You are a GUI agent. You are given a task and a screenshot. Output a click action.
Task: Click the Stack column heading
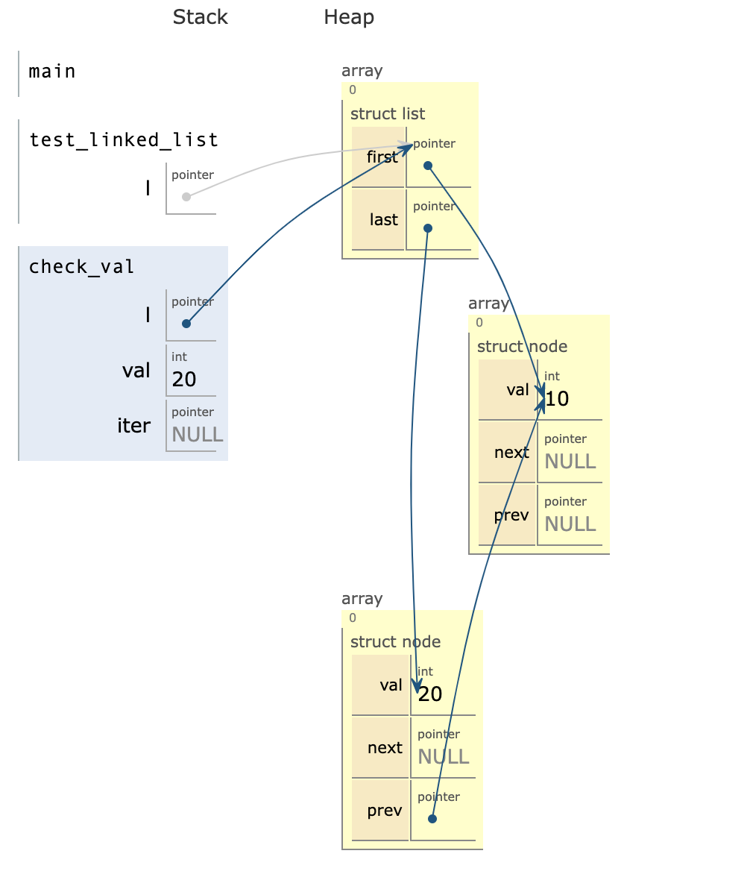200,17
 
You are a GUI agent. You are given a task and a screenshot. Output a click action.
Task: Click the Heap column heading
348,17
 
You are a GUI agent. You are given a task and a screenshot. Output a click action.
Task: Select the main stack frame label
52,72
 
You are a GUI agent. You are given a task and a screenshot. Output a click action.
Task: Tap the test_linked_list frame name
124,140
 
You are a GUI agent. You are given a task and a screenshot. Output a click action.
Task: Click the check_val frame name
81,267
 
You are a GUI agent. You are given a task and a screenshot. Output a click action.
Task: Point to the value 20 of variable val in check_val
184,380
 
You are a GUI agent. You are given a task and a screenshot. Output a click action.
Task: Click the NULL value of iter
197,435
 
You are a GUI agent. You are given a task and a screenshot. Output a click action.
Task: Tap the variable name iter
134,426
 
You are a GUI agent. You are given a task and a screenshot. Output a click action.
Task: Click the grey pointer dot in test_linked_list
186,197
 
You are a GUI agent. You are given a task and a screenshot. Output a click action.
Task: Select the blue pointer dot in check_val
186,324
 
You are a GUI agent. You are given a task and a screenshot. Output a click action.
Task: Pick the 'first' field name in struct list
382,157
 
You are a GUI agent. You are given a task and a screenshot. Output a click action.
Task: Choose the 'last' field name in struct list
384,220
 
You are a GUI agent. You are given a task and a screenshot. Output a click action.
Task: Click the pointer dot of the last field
427,228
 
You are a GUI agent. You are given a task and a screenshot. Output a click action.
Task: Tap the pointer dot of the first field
428,166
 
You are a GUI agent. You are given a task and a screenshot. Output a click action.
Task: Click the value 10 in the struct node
558,399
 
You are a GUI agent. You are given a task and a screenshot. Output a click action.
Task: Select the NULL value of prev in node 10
570,524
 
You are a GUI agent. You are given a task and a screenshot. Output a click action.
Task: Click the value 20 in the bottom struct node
430,694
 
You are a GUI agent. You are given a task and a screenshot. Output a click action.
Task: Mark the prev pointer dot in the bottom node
432,819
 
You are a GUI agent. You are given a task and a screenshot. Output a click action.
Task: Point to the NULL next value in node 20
443,757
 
